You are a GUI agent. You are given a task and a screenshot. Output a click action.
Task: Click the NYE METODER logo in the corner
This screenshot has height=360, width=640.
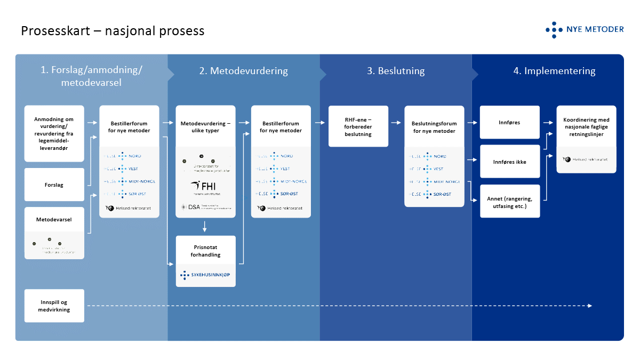585,30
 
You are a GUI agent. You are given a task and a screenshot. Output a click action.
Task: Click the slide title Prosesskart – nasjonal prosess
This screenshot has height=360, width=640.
113,31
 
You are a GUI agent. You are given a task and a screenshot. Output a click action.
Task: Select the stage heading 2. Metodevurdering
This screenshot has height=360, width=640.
243,71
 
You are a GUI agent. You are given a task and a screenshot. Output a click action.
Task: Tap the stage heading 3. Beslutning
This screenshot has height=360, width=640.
396,71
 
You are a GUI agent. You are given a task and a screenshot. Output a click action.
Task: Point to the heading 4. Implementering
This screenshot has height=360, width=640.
554,71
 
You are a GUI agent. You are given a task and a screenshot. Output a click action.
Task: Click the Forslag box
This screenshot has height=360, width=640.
54,185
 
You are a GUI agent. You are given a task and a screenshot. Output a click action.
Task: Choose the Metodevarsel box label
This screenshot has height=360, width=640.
54,219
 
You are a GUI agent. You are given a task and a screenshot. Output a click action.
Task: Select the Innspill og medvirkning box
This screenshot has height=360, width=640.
54,306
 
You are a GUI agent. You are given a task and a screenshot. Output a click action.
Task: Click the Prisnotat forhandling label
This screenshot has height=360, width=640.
205,251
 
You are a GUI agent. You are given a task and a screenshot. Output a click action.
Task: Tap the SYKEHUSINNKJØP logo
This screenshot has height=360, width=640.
205,275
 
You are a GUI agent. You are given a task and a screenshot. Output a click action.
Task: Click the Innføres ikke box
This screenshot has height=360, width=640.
510,161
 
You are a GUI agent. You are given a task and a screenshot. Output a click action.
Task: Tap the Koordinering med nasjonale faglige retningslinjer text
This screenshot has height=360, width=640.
586,127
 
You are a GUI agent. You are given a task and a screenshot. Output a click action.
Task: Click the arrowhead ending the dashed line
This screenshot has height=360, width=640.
590,306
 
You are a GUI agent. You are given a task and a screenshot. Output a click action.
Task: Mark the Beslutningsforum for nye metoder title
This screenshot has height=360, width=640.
434,127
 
